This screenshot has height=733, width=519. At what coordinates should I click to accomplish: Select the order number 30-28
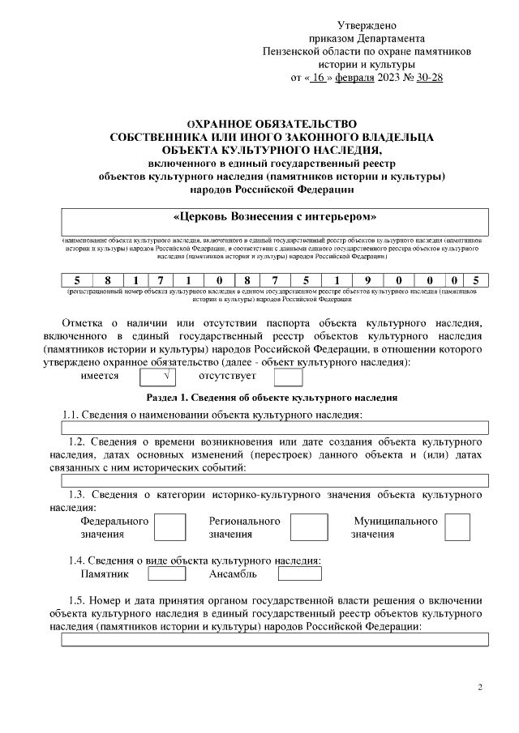[427, 78]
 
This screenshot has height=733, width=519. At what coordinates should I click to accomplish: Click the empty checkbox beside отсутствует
[288, 377]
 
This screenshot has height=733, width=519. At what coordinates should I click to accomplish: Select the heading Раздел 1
[271, 398]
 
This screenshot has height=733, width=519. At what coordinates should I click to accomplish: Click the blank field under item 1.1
[275, 428]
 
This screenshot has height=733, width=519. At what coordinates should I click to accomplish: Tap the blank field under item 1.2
[275, 480]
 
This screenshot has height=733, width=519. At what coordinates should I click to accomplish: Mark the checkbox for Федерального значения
[169, 527]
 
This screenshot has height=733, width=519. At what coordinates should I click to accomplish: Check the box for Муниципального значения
[457, 527]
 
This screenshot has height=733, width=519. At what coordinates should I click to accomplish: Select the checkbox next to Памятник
[167, 574]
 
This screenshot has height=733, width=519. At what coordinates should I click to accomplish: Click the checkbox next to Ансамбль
[299, 574]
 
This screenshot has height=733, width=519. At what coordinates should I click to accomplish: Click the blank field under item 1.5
[275, 639]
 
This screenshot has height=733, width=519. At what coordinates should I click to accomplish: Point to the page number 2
[479, 688]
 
